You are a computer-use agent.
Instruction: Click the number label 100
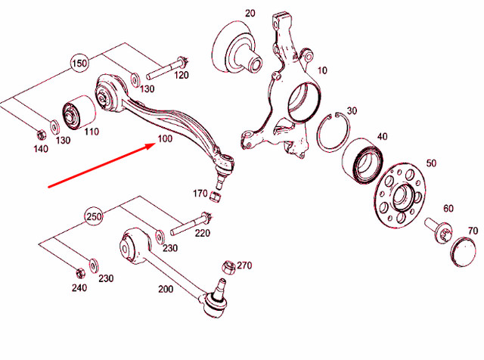165,140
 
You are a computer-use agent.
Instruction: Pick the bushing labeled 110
77,113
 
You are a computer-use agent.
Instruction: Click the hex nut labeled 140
39,135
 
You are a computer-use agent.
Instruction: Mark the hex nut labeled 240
79,272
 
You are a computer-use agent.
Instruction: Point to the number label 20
250,14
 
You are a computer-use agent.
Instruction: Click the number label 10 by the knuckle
322,70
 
